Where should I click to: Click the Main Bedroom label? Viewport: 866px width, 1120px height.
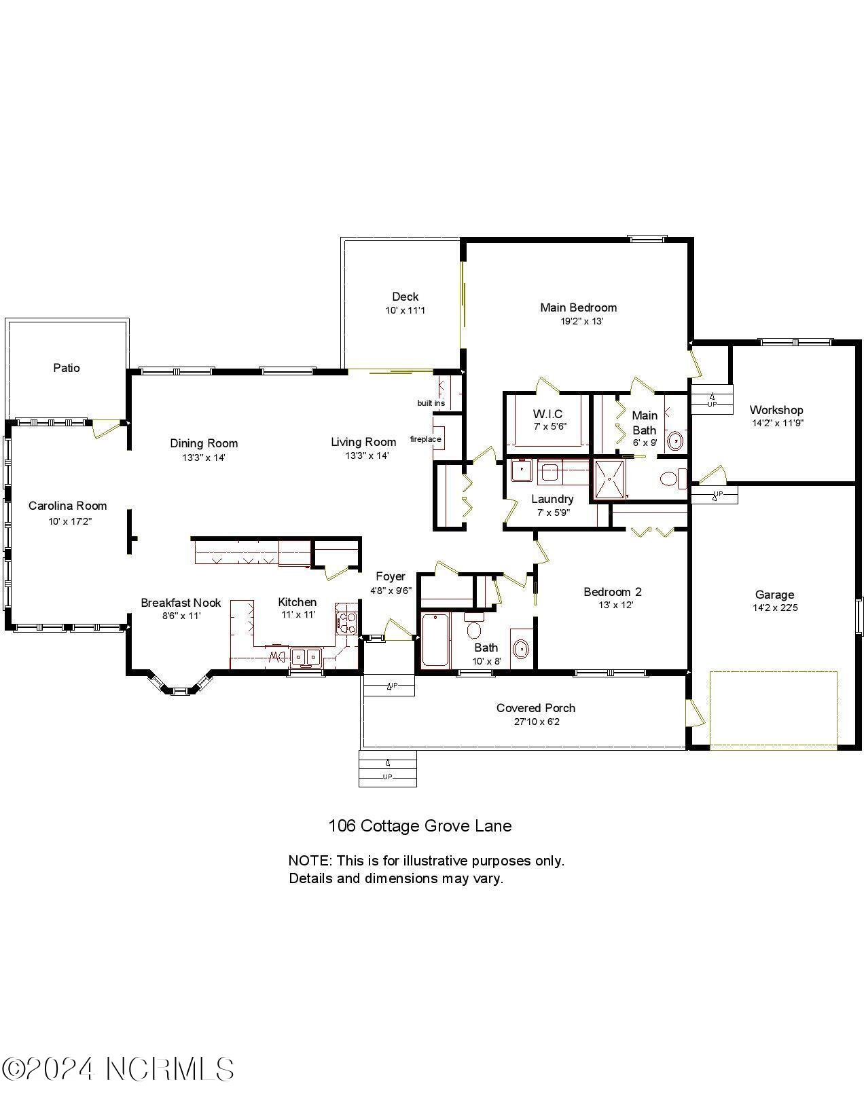(x=578, y=307)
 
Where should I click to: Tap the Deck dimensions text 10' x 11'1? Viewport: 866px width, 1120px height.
(x=405, y=310)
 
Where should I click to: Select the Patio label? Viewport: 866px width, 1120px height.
(x=67, y=368)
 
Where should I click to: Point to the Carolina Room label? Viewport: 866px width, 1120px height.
(x=67, y=506)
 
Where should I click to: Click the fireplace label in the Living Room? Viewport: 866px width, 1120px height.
(x=426, y=438)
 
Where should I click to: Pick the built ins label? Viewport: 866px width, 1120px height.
(x=431, y=403)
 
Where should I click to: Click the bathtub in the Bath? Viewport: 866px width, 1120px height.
(x=435, y=639)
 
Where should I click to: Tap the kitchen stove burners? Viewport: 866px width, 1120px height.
(x=346, y=623)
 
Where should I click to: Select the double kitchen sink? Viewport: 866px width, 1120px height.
(x=306, y=656)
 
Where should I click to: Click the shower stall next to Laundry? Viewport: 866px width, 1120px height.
(x=610, y=479)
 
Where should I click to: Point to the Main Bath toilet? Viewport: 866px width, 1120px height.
(x=672, y=479)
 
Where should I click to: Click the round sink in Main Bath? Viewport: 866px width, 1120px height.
(x=675, y=441)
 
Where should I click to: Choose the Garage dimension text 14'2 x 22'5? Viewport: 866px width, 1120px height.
(x=774, y=608)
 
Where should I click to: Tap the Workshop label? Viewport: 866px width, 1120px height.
(x=776, y=410)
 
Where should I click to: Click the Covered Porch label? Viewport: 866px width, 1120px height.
(x=535, y=708)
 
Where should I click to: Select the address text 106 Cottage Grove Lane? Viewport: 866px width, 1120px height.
(x=420, y=826)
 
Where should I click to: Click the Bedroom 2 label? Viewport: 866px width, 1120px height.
(x=612, y=592)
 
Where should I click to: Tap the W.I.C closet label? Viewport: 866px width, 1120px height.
(x=547, y=414)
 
